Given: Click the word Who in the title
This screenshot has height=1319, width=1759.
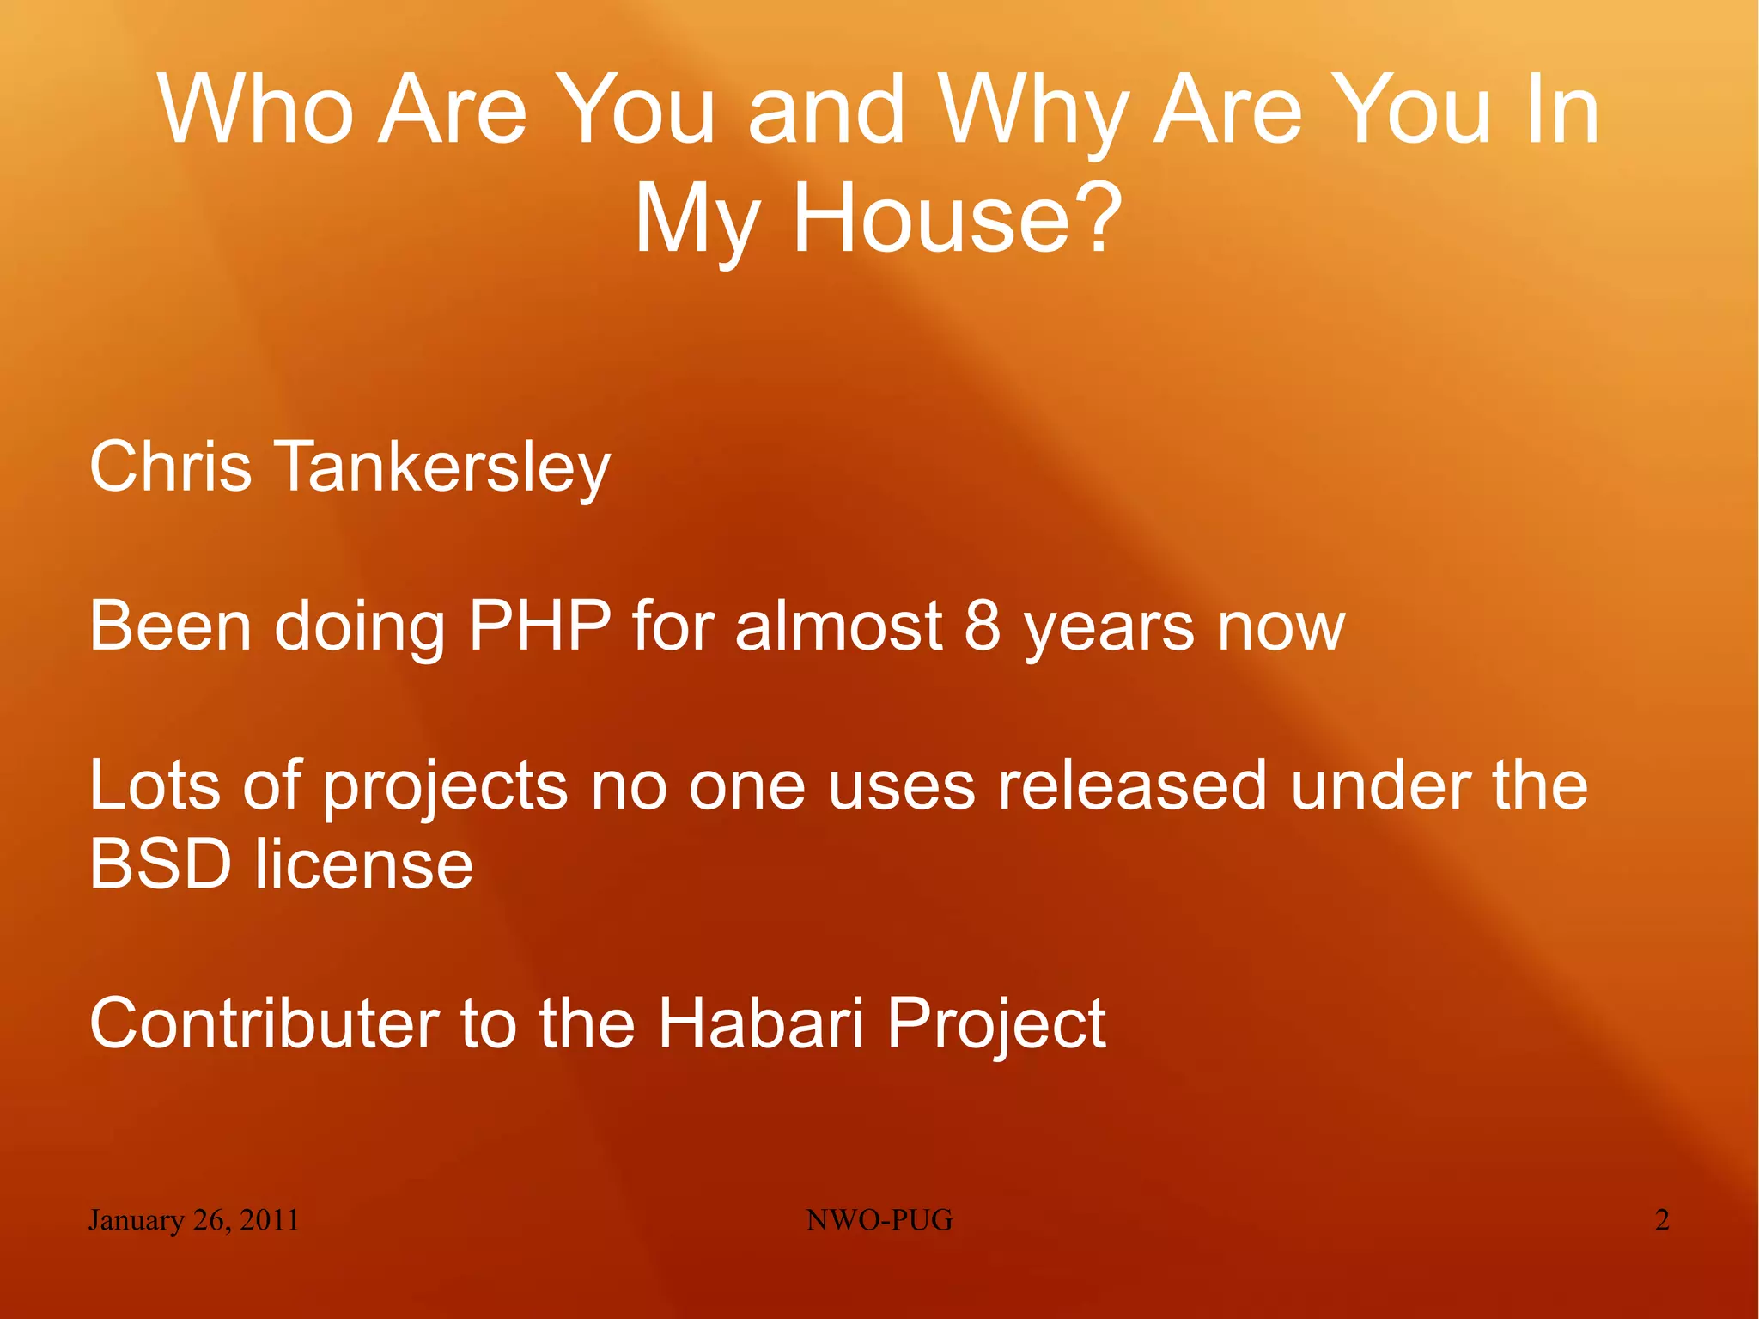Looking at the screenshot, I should (255, 109).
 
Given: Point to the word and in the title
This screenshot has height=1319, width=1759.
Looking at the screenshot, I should (826, 109).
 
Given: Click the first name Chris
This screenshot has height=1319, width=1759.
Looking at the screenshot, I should (170, 467).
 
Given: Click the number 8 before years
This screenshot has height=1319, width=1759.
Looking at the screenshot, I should (983, 626).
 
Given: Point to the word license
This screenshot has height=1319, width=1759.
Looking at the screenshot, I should (363, 864).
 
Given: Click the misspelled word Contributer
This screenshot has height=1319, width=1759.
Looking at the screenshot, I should (264, 1023).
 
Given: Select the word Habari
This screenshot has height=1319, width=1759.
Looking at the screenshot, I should (760, 1023).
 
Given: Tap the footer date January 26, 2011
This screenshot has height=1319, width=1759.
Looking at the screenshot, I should (193, 1220).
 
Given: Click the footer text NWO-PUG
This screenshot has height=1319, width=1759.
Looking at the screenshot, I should (879, 1220).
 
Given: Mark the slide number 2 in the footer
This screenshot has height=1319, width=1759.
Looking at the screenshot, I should (1662, 1220).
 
